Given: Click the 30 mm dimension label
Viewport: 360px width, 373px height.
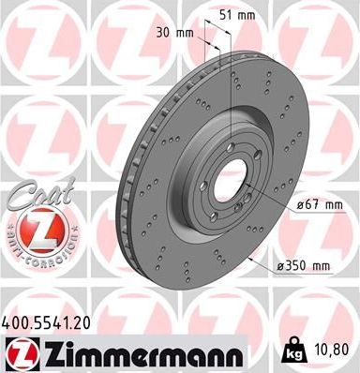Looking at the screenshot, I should (177, 33).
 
